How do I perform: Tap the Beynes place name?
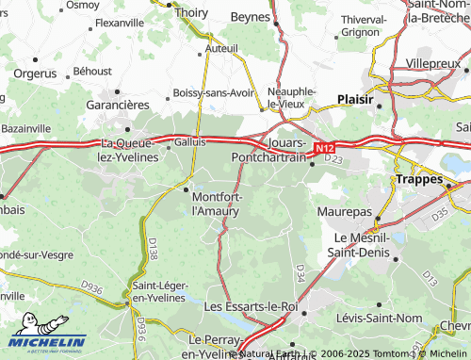[x=252, y=18]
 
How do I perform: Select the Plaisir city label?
[x=356, y=99]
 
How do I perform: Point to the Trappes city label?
[x=418, y=178]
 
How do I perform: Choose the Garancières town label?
[x=119, y=106]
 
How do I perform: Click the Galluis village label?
[x=189, y=141]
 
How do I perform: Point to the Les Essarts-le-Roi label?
[x=251, y=306]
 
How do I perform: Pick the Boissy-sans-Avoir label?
[x=214, y=92]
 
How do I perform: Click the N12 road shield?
[x=324, y=148]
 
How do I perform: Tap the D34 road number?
[x=300, y=272]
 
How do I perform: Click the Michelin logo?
[x=47, y=339]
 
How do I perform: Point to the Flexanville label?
[x=120, y=22]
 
